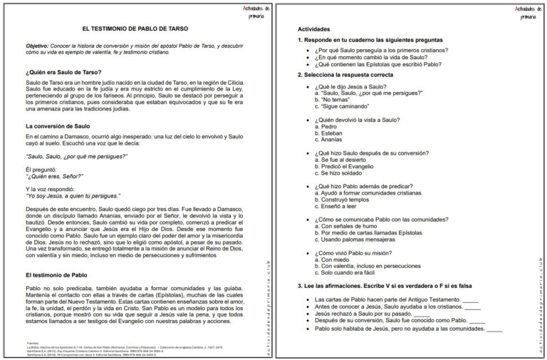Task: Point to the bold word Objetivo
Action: click(x=40, y=46)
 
